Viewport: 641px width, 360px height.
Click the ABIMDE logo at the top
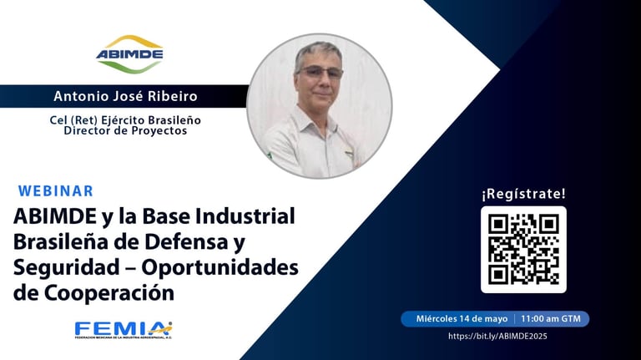point(129,53)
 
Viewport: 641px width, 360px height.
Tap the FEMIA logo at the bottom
point(124,330)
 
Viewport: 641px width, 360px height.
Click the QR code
point(523,250)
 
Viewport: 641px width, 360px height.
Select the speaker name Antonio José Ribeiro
point(125,96)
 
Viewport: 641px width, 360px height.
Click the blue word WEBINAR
point(56,191)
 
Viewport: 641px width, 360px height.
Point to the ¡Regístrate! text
point(523,194)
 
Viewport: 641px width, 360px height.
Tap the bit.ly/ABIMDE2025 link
point(497,337)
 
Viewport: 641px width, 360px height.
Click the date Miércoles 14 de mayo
point(462,319)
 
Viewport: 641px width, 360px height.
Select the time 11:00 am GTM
point(551,319)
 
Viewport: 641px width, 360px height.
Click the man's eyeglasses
point(320,73)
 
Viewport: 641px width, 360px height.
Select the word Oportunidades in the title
point(220,268)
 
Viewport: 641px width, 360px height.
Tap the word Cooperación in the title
point(109,293)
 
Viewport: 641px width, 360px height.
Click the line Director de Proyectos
point(125,130)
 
